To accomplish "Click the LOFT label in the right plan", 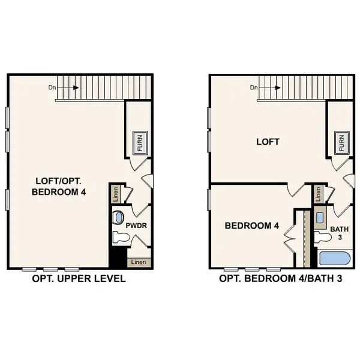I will pos(268,142).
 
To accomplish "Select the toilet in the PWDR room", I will pos(121,237).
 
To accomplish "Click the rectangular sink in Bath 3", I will pos(320,217).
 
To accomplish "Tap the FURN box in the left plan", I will pos(140,142).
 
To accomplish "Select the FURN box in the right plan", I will pos(342,142).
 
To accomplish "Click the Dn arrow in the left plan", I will pos(71,88).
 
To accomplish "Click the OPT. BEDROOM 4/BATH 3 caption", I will pos(280,279).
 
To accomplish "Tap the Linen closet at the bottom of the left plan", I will pos(139,262).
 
